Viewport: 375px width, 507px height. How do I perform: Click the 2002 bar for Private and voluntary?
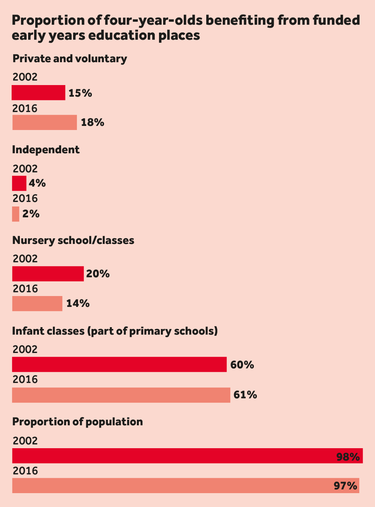click(39, 93)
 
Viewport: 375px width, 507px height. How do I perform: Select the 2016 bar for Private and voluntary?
click(45, 123)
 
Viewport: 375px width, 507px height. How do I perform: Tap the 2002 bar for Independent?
click(19, 183)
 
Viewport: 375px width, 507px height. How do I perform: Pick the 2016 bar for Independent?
click(16, 214)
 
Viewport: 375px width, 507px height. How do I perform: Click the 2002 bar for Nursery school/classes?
click(48, 274)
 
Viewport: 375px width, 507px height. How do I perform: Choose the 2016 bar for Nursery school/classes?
click(37, 304)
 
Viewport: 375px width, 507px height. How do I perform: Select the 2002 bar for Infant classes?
click(119, 364)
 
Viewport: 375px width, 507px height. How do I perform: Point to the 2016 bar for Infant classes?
click(121, 395)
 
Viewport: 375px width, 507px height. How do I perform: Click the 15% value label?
click(80, 93)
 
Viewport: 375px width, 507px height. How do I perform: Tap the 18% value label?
click(92, 123)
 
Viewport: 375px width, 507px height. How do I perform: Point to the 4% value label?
click(37, 183)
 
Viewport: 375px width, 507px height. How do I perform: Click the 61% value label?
click(245, 395)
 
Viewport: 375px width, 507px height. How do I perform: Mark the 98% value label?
click(348, 457)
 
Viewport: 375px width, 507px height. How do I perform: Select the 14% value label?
click(78, 304)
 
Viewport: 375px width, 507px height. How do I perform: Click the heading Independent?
click(46, 150)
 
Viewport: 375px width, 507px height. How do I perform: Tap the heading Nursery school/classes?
click(73, 240)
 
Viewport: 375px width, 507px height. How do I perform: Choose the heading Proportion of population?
click(78, 422)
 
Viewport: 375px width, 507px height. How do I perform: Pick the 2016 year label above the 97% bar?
click(25, 471)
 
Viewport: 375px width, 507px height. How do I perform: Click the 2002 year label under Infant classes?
click(25, 350)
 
